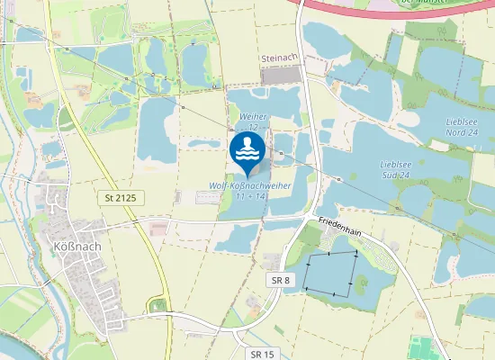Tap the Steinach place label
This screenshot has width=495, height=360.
pyautogui.click(x=278, y=58)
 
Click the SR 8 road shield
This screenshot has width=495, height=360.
pyautogui.click(x=281, y=281)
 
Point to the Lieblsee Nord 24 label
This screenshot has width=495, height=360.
pyautogui.click(x=463, y=127)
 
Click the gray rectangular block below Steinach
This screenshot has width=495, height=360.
pyautogui.click(x=282, y=75)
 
